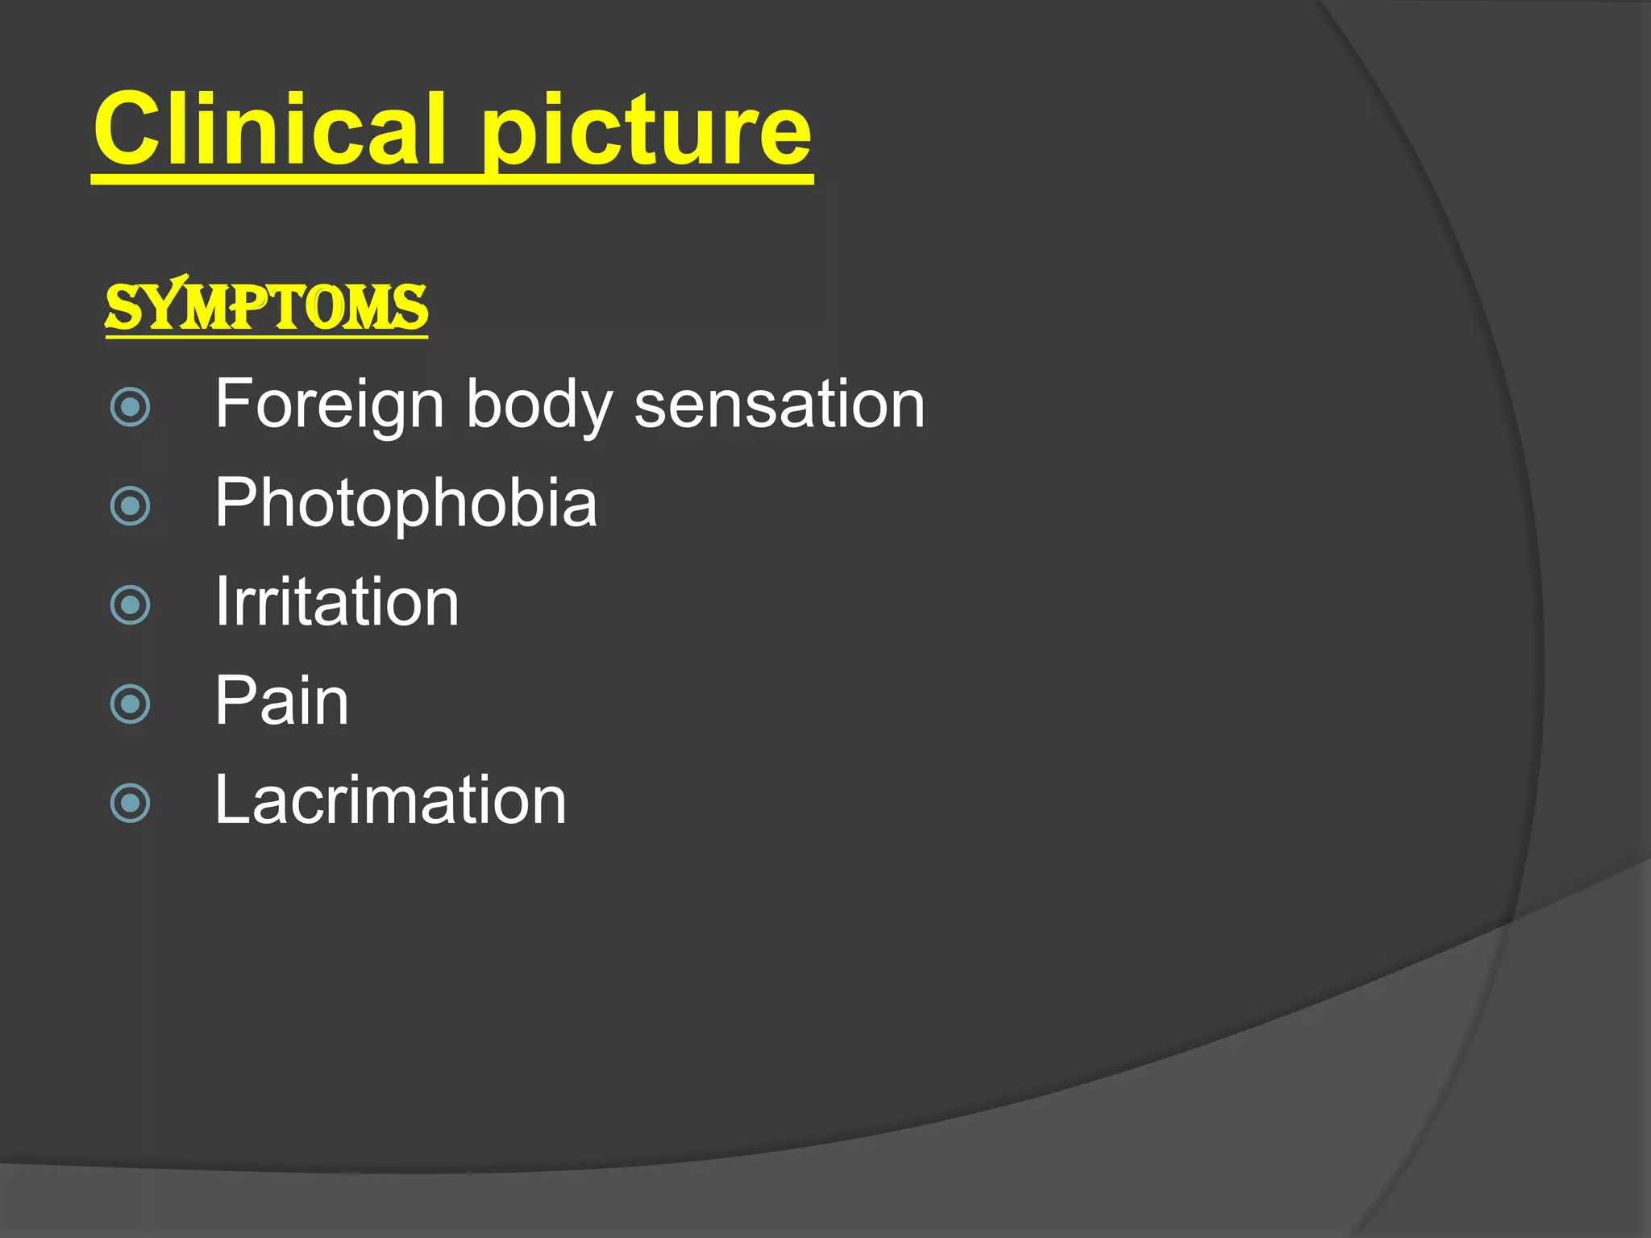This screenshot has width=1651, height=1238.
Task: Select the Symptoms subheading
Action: click(x=266, y=307)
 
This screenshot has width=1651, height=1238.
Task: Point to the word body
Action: click(x=539, y=405)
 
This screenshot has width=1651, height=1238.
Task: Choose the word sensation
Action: click(x=780, y=404)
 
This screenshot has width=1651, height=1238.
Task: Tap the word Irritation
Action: click(x=336, y=602)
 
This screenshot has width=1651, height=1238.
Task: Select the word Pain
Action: click(x=281, y=701)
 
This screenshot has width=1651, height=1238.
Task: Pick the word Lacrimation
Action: click(x=390, y=800)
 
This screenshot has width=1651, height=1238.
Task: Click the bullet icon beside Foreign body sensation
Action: click(x=130, y=406)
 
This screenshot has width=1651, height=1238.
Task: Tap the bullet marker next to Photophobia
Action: click(x=130, y=506)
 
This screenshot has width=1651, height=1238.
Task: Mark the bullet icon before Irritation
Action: click(x=130, y=604)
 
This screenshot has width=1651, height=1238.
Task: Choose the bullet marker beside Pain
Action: click(x=130, y=704)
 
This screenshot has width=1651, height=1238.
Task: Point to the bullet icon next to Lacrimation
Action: click(x=130, y=803)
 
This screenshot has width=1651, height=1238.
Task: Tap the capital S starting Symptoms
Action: click(x=125, y=308)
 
